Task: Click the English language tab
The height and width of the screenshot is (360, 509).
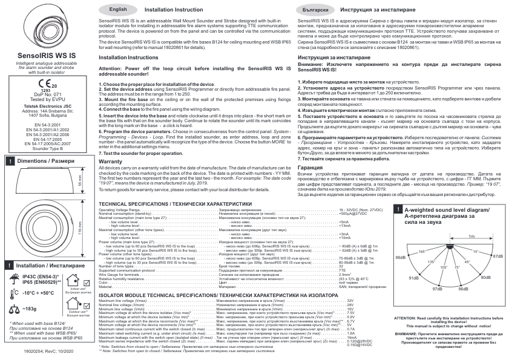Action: coord(119,11)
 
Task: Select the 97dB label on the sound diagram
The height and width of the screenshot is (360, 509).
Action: coord(438,289)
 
